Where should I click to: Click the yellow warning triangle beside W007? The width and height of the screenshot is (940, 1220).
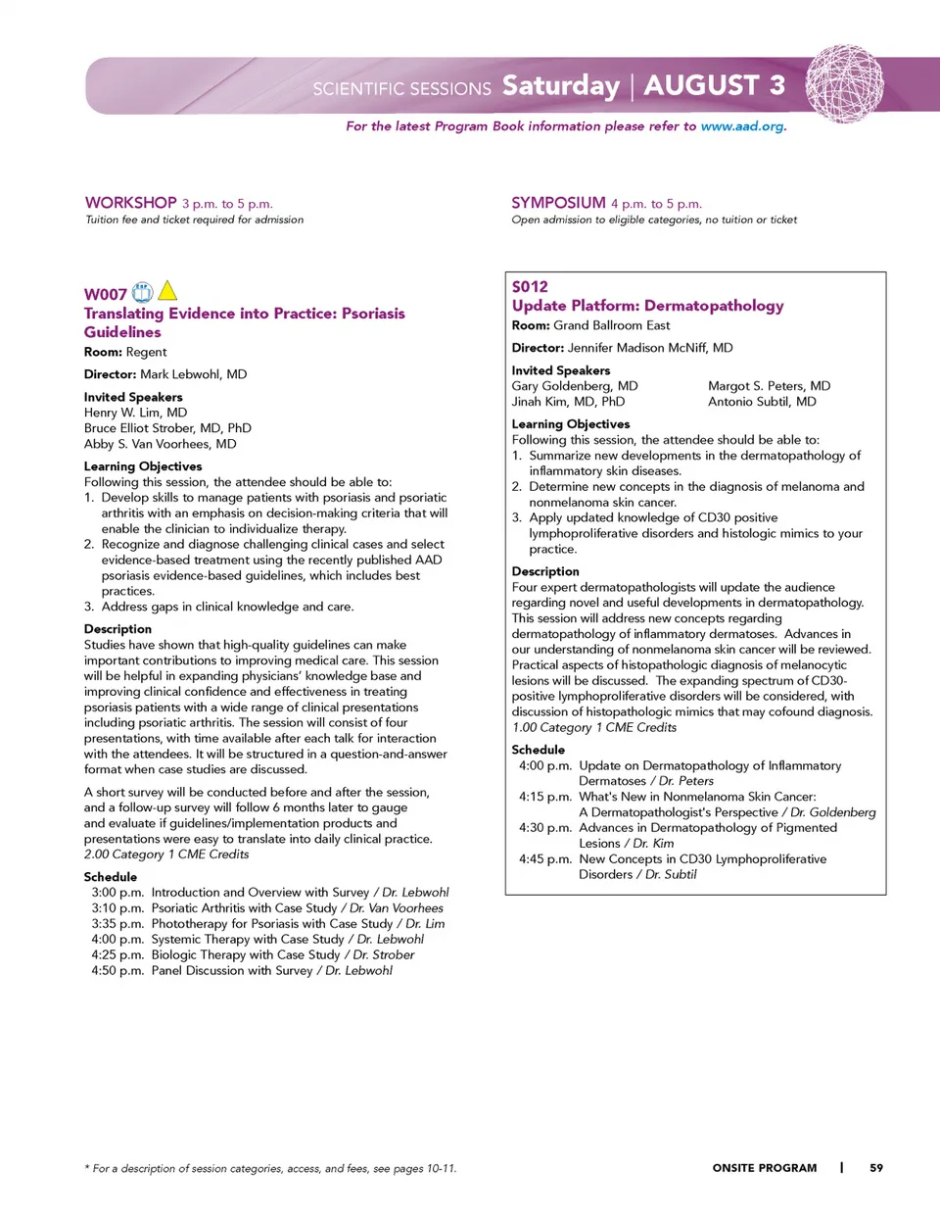click(x=167, y=291)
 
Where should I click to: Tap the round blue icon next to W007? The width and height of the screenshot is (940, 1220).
click(x=143, y=292)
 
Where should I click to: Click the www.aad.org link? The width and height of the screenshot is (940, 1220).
click(x=742, y=126)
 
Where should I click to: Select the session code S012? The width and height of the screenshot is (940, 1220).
click(x=530, y=286)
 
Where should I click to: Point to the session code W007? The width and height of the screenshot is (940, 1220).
click(x=106, y=294)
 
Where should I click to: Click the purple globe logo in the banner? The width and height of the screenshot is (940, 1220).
click(x=844, y=83)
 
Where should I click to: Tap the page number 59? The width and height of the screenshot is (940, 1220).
click(x=876, y=1168)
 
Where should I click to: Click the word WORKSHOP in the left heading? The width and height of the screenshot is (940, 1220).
click(x=131, y=203)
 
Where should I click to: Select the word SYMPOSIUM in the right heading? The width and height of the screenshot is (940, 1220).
click(x=558, y=203)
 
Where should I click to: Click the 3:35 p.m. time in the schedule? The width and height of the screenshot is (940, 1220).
click(x=117, y=923)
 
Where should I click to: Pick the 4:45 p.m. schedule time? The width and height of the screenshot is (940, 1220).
click(x=545, y=859)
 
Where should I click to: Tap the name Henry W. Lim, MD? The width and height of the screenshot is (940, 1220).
click(x=135, y=413)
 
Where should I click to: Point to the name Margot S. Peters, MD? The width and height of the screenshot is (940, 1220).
click(x=769, y=386)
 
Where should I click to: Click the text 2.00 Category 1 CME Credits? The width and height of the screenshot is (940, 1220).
click(x=166, y=854)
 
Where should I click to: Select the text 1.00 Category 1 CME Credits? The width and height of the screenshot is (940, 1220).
click(x=594, y=727)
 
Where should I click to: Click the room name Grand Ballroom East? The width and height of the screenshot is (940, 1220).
click(x=612, y=325)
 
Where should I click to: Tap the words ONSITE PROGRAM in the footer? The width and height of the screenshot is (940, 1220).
click(x=764, y=1168)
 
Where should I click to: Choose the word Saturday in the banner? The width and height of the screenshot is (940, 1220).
click(x=561, y=86)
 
